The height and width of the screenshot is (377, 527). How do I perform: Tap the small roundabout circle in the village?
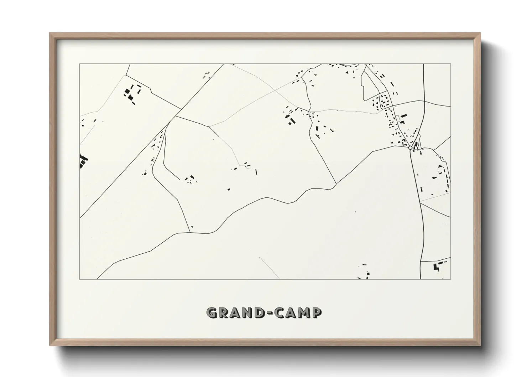click(410, 148)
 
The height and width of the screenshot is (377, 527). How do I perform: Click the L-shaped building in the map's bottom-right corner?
click(435, 267)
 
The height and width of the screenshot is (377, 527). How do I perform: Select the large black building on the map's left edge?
click(83, 161)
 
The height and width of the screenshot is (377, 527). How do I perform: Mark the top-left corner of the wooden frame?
click(50, 33)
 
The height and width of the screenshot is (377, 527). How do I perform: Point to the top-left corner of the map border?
click(80, 64)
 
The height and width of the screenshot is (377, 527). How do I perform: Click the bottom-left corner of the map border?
click(80, 279)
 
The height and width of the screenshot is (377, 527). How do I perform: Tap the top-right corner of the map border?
click(450, 64)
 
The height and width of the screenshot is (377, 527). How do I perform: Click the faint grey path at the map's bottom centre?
click(270, 267)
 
